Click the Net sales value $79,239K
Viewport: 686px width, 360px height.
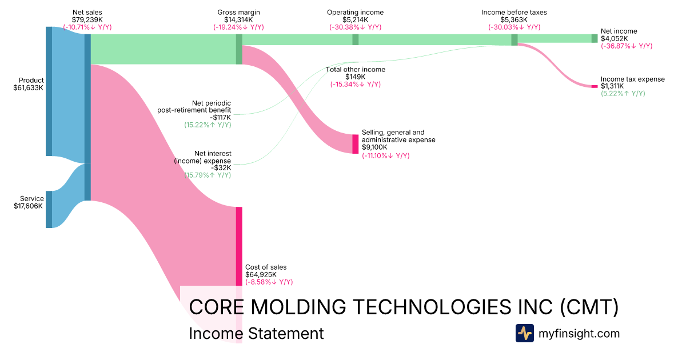coord(87,20)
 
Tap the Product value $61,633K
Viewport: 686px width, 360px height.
coord(28,88)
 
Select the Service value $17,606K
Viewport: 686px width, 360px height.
coord(28,206)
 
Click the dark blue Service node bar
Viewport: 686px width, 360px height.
coord(49,209)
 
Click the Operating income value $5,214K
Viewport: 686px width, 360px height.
coord(355,20)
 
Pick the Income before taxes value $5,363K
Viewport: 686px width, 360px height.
coord(514,20)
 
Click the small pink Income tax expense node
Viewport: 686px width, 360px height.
coord(595,87)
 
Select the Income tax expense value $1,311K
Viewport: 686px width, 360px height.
coord(612,86)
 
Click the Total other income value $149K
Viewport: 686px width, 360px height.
coord(355,77)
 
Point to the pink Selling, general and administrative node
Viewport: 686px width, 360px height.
coord(355,144)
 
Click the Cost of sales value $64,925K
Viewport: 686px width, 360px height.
coord(261,275)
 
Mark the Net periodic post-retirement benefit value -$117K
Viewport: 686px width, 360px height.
coord(221,118)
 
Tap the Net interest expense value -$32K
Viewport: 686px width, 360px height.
coord(221,168)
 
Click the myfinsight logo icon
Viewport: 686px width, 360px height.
coord(525,333)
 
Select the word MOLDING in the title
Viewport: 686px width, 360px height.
coord(298,307)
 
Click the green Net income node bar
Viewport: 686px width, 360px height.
coord(595,39)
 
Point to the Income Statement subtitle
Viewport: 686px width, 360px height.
coord(256,333)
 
